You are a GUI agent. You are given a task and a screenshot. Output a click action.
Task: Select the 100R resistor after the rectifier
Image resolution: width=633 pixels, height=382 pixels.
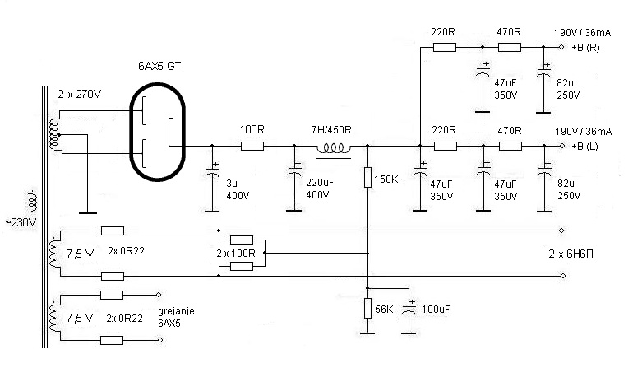(252, 147)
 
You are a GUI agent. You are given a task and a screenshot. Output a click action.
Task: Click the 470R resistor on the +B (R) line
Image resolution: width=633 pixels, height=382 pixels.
(510, 48)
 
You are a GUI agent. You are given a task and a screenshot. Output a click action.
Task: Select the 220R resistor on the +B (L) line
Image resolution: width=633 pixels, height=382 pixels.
(445, 147)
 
